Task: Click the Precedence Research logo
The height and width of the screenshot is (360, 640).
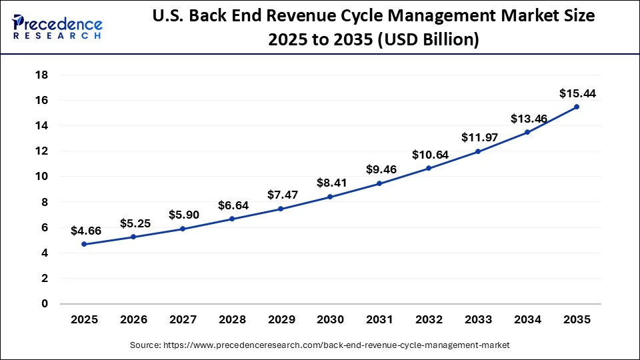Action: coord(57,25)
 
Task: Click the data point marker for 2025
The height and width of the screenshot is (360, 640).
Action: coord(84,244)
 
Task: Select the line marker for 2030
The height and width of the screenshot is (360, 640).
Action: coord(330,197)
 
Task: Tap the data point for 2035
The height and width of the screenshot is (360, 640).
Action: coord(576,107)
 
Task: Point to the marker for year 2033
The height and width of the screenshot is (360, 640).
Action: coord(478,151)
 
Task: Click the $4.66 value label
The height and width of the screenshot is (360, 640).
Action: coord(86,231)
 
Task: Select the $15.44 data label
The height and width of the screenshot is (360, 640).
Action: coord(577,93)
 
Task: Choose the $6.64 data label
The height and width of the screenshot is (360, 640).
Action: coord(233,205)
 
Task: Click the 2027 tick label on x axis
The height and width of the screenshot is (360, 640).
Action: coord(183,320)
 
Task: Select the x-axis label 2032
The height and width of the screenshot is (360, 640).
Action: coord(429,320)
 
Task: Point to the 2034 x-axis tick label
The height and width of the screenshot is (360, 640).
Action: coord(527,320)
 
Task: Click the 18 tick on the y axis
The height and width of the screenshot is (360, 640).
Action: coord(41,75)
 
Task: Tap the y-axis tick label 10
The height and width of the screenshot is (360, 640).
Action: coord(41,177)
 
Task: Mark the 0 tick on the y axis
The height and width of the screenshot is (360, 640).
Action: coord(45,304)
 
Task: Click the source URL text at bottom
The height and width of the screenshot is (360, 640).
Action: coord(319,345)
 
